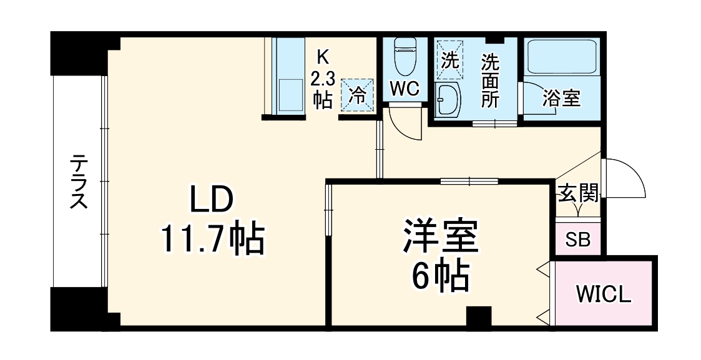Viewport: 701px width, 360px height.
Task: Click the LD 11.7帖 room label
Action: tap(212, 220)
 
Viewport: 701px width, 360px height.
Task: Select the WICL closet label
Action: tap(604, 293)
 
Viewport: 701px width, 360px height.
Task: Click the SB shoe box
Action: tap(577, 239)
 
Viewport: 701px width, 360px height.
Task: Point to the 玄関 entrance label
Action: tap(578, 193)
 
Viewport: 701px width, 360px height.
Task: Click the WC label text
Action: tap(404, 89)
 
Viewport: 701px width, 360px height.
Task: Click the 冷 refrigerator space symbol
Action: tap(358, 95)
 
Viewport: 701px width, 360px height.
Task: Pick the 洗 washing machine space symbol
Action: tap(449, 60)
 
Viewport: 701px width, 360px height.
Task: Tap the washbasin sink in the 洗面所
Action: tap(447, 100)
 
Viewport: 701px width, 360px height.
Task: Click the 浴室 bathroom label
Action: tap(561, 99)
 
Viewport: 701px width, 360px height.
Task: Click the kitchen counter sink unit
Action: tap(288, 76)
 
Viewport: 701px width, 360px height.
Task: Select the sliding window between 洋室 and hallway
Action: tap(468, 182)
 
